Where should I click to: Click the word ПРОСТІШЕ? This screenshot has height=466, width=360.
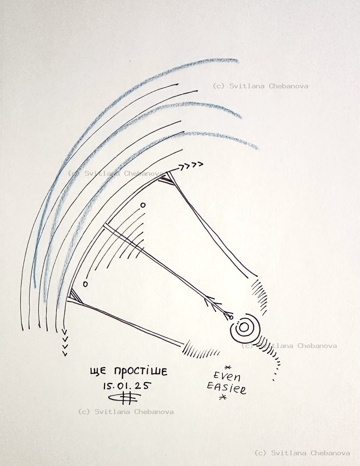[x=141, y=372]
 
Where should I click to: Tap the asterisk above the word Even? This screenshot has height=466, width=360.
[x=227, y=366]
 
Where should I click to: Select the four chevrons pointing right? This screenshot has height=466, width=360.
[x=190, y=166]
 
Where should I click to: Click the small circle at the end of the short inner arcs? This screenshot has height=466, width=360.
[x=143, y=205]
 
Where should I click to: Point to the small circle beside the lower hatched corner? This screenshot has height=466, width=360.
[x=85, y=283]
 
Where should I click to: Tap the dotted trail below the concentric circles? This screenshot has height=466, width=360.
[x=275, y=366]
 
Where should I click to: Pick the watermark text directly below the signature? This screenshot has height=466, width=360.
[x=125, y=412]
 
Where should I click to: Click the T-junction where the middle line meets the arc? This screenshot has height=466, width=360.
[x=105, y=226]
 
